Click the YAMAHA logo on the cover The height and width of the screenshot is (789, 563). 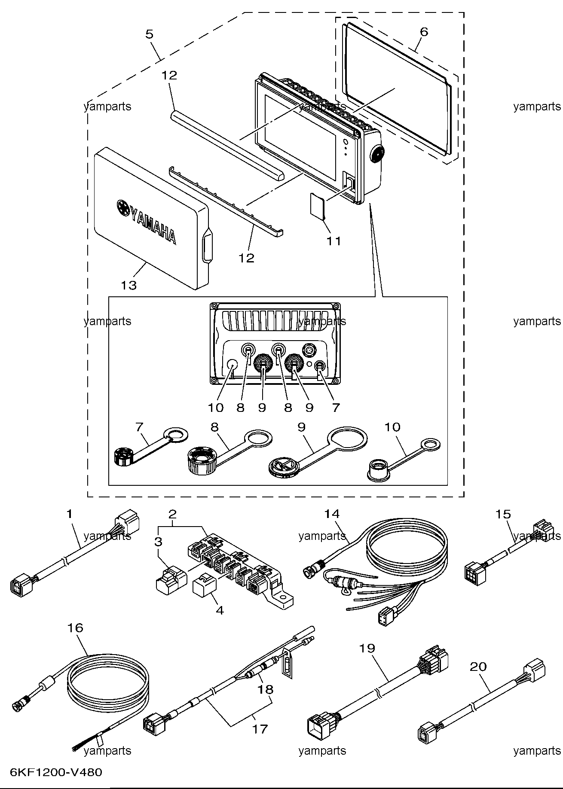[x=146, y=222]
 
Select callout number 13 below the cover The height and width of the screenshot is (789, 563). [x=129, y=285]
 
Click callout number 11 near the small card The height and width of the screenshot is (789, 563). [x=334, y=241]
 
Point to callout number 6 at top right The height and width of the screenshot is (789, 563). [x=424, y=31]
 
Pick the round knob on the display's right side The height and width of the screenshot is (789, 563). [x=377, y=152]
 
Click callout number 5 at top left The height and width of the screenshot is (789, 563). [x=149, y=34]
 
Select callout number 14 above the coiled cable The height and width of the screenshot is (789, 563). [x=332, y=514]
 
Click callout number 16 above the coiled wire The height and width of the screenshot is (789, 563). [x=75, y=628]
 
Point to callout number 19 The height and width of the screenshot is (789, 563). [x=367, y=648]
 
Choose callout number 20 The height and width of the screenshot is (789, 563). [x=478, y=667]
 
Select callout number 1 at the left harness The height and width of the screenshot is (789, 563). [x=70, y=513]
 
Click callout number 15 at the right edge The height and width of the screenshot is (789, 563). [x=503, y=514]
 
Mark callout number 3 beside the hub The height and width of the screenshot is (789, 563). [x=159, y=542]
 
